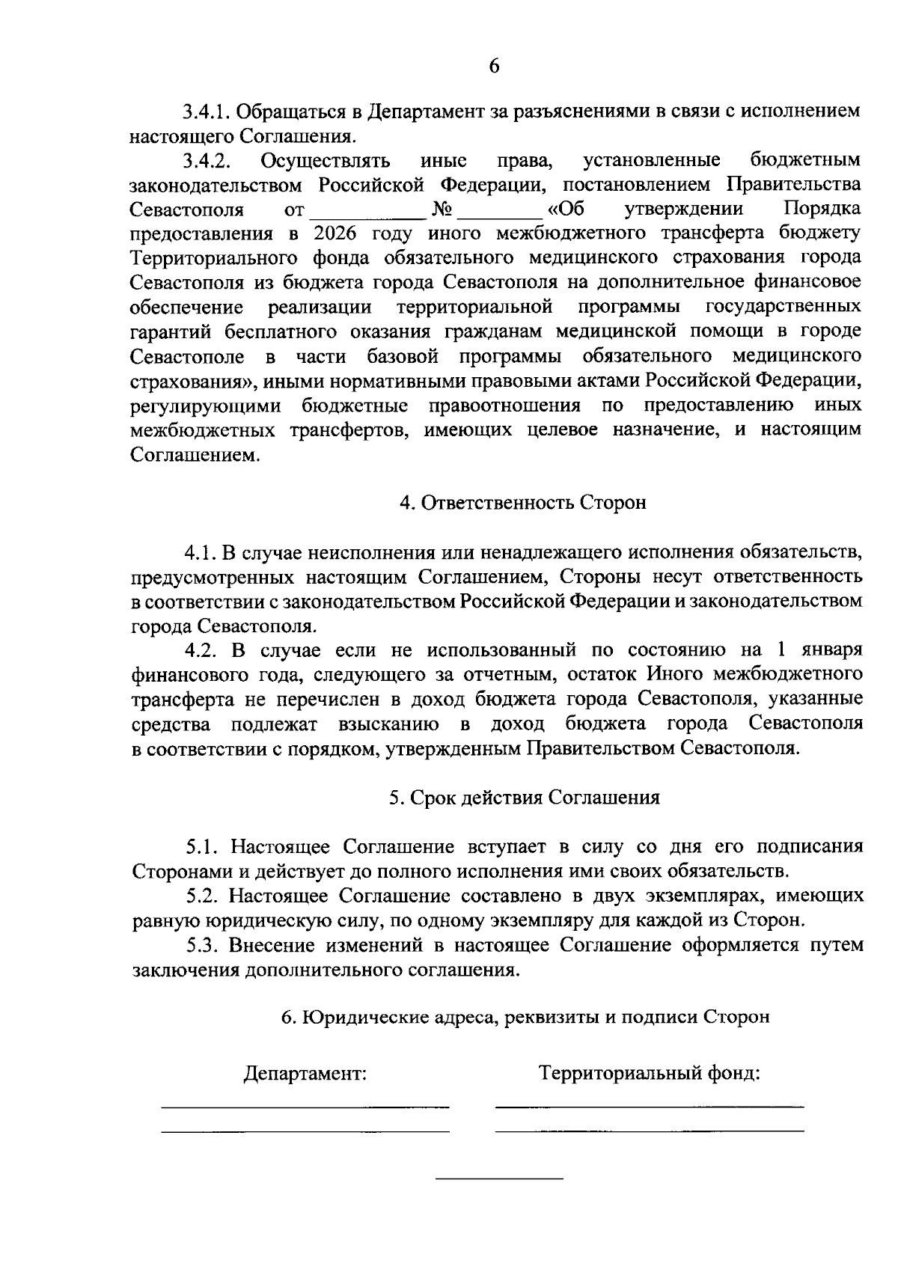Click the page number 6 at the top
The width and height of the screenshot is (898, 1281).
pyautogui.click(x=494, y=66)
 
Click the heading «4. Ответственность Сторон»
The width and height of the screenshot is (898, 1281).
pyautogui.click(x=522, y=503)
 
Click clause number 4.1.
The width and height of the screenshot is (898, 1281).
pyautogui.click(x=200, y=552)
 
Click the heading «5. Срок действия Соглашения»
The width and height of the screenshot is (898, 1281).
pyautogui.click(x=524, y=798)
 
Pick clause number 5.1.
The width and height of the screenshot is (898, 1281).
pyautogui.click(x=202, y=847)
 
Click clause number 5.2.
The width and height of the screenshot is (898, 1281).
pyautogui.click(x=202, y=896)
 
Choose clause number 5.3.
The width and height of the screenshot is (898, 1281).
pyautogui.click(x=202, y=946)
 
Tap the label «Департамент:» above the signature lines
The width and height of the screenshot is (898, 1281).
pyautogui.click(x=305, y=1074)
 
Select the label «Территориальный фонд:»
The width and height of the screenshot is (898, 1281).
pyautogui.click(x=650, y=1074)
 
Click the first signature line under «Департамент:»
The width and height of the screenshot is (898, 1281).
pyautogui.click(x=305, y=1106)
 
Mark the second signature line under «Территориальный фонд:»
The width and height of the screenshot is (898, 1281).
pyautogui.click(x=650, y=1131)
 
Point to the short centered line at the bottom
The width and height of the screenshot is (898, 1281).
pyautogui.click(x=499, y=1180)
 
